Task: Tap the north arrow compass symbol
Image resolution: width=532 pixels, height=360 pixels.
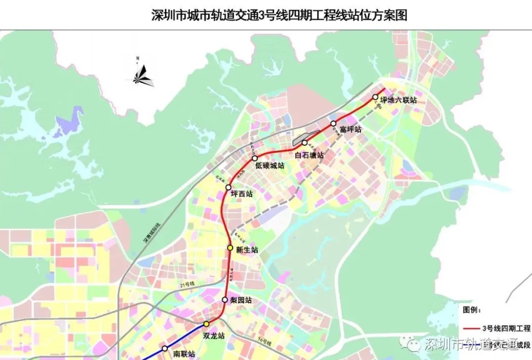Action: tap(140, 74)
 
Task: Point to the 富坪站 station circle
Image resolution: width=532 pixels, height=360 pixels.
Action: tap(333, 124)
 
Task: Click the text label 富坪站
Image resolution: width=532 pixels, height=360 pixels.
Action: tap(351, 129)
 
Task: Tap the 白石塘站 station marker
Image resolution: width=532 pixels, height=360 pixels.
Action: tap(305, 143)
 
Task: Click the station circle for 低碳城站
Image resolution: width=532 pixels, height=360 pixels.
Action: tap(255, 158)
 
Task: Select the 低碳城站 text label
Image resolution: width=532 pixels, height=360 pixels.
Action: tap(270, 165)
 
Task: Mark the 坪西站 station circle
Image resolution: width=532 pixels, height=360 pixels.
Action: tap(229, 187)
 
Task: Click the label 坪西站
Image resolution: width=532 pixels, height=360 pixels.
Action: tap(242, 194)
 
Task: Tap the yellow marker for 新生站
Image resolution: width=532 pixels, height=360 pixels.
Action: tap(231, 248)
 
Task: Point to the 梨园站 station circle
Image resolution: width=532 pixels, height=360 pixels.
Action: tap(224, 300)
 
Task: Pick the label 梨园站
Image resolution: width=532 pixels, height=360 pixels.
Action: tap(241, 300)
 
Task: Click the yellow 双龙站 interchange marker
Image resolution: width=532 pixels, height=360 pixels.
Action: tap(206, 324)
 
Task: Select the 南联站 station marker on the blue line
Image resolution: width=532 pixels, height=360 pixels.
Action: tap(165, 348)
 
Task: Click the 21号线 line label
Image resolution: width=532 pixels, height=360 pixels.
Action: tap(188, 283)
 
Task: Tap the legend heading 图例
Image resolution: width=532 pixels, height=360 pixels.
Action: tap(471, 310)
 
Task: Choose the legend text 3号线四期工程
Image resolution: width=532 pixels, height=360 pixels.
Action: tap(506, 328)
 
